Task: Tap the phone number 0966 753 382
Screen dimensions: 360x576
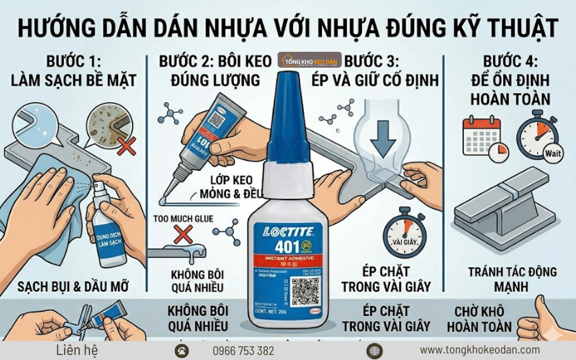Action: pyautogui.click(x=243, y=351)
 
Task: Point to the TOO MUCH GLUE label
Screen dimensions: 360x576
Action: pyautogui.click(x=184, y=217)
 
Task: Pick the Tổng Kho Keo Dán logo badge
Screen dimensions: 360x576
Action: pyautogui.click(x=310, y=59)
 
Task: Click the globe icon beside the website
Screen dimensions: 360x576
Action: pyautogui.click(x=374, y=351)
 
